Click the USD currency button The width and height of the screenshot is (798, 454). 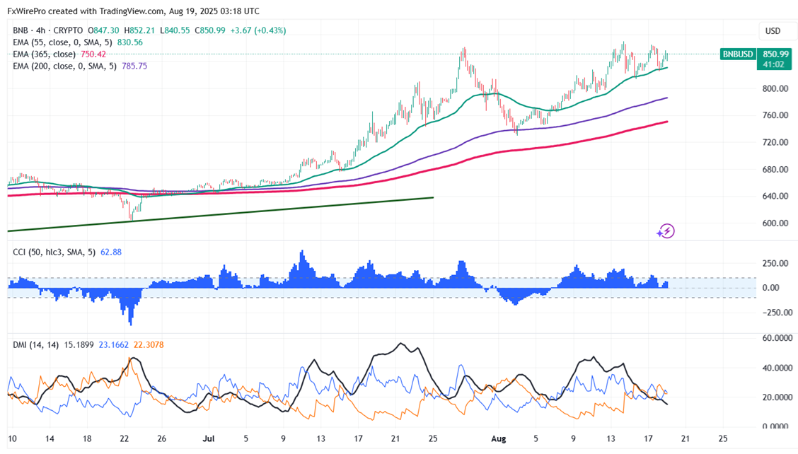(773, 31)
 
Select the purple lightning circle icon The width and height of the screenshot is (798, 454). (665, 231)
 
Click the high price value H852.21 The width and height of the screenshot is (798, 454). (139, 30)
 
